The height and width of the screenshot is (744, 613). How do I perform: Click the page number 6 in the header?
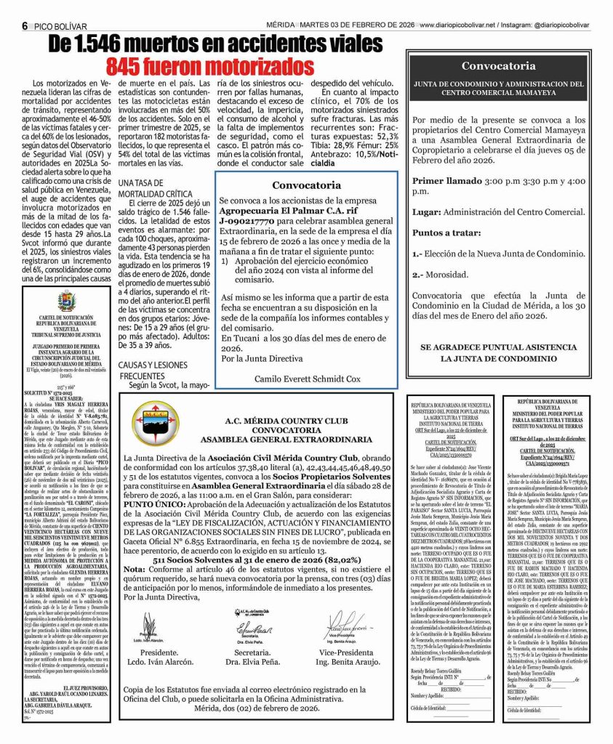[x=25, y=25]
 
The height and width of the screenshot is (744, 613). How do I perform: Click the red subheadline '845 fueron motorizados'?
[x=210, y=67]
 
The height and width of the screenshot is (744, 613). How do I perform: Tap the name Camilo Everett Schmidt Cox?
[x=308, y=379]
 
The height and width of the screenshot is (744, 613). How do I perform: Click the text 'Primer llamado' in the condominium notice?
[x=446, y=180]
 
